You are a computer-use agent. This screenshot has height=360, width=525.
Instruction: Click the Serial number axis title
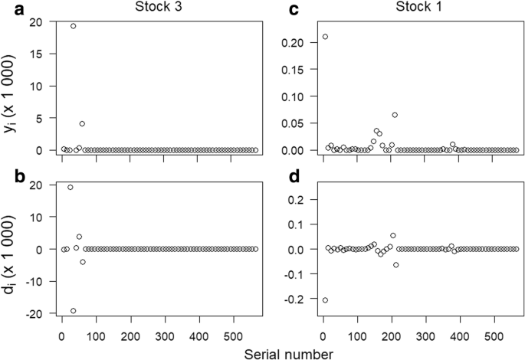click(288, 353)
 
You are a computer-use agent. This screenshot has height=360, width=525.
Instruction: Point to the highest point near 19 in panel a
click(73, 25)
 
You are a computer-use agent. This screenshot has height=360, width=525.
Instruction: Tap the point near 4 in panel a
click(82, 123)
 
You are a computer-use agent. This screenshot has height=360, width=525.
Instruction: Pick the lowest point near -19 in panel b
click(73, 310)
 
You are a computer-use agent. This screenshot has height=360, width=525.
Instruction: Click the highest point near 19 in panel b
click(71, 187)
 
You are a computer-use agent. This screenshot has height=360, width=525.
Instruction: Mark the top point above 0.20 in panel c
click(325, 36)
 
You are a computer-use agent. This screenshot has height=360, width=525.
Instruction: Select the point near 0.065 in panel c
click(395, 115)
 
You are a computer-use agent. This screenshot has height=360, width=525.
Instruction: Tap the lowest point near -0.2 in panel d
click(325, 299)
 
